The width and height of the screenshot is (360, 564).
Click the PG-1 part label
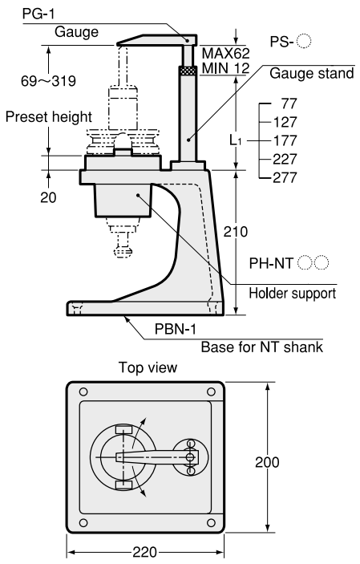point(38,14)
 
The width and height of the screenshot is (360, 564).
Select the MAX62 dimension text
point(225,53)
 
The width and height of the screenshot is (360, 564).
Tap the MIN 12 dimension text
point(225,67)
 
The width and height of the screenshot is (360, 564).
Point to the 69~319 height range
point(49,81)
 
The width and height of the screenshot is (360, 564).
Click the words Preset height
point(49,117)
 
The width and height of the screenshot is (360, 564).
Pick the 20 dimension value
point(48,197)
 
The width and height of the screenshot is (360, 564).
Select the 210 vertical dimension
point(236,232)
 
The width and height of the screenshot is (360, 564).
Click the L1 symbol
point(236,140)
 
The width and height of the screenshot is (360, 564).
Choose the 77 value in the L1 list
point(289,103)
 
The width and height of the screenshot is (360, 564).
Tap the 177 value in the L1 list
point(285,140)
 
